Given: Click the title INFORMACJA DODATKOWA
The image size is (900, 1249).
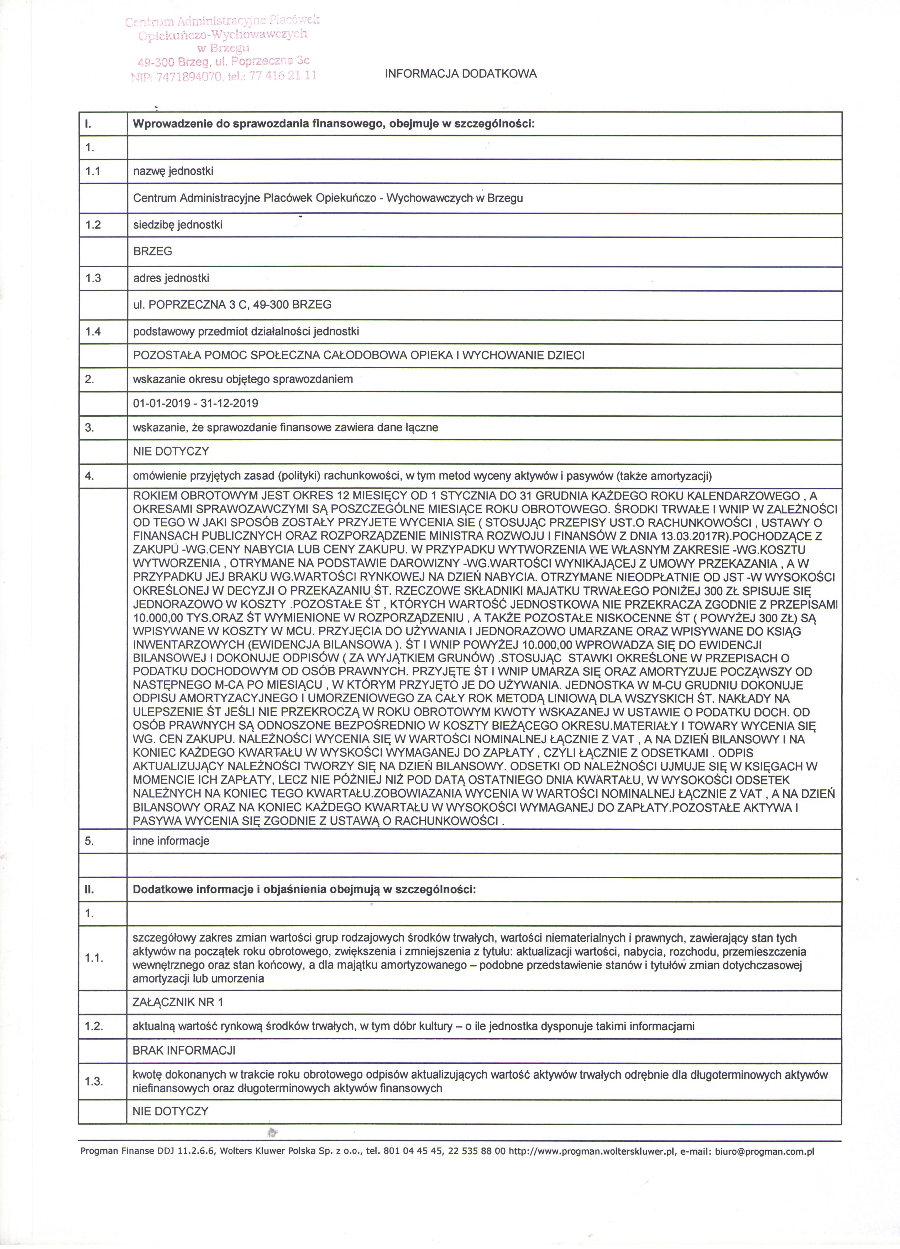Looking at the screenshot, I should click(x=460, y=74).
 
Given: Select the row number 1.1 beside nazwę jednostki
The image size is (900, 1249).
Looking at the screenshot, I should click(x=93, y=171).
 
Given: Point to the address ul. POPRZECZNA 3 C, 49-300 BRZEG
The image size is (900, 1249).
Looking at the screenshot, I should click(x=232, y=305).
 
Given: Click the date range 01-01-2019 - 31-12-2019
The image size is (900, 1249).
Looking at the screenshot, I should click(x=195, y=403).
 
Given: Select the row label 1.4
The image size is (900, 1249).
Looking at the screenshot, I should click(x=93, y=332).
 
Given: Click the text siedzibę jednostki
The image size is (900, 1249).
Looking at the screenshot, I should click(x=177, y=225).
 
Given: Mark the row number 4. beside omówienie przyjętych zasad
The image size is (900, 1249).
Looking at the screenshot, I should click(x=90, y=476).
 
